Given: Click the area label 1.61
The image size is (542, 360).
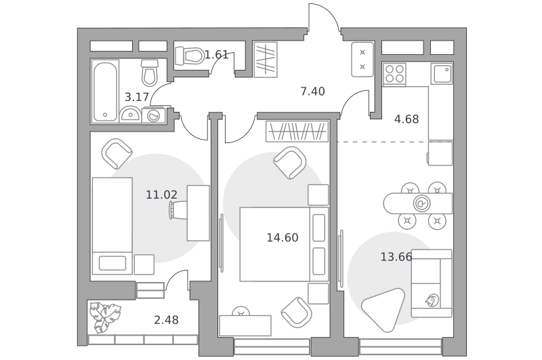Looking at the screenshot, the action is (216, 55).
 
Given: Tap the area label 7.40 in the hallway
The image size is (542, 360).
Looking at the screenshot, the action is (312, 92).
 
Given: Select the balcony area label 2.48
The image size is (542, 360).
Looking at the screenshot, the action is (166, 320).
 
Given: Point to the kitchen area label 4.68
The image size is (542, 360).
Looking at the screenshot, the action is (406, 119).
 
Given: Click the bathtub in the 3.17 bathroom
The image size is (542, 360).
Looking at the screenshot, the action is (105, 91).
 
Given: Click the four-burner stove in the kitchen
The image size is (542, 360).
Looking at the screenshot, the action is (394, 74).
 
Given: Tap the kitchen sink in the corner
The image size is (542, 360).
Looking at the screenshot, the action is (442, 74).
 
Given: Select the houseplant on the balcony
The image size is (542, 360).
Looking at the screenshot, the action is (104, 317).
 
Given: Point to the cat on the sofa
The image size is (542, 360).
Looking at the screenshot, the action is (432, 300).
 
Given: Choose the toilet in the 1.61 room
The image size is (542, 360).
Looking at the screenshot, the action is (190, 56).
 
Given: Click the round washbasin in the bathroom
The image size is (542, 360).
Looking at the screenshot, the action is (130, 114).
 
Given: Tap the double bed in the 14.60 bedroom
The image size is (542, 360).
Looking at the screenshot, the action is (284, 244).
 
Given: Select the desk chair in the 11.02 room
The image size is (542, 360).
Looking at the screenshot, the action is (178, 210).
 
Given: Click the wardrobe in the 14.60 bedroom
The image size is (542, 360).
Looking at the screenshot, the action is (297, 131).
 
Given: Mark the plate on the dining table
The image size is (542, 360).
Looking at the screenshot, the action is (421, 203).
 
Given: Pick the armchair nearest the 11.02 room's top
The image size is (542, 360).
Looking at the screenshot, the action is (117, 153).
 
